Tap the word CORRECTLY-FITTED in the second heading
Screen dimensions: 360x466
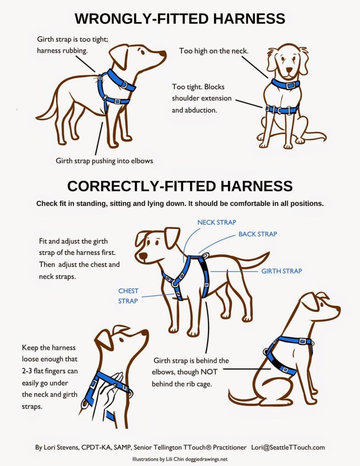142,186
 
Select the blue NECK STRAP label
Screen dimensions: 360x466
216,222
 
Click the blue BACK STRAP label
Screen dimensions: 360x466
258,234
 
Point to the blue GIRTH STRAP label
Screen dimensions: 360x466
281,271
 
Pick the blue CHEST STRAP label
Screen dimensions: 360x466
128,296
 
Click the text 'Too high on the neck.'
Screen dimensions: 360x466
214,51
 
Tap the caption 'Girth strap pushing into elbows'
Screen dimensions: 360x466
104,161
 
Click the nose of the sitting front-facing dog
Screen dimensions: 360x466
289,71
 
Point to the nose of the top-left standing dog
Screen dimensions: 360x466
163,53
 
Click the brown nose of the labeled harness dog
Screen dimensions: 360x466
143,256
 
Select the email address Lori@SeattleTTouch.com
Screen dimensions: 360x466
288,447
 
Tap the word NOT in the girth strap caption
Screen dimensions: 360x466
209,372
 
